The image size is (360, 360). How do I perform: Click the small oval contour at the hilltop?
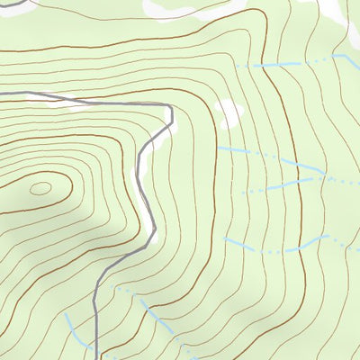click(40, 189)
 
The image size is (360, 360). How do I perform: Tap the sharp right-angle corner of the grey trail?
click(170, 105)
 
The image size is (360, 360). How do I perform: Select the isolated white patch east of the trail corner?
click(229, 112)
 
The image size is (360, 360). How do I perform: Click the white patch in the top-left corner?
click(13, 4)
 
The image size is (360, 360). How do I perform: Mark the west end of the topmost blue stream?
click(236, 66)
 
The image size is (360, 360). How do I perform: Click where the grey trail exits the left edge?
click(1, 93)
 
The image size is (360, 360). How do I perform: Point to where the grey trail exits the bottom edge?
click(96, 358)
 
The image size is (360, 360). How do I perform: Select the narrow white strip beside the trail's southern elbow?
click(153, 236)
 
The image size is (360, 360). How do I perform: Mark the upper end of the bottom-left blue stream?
click(66, 315)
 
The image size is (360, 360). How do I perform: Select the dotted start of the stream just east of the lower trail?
click(117, 290)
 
